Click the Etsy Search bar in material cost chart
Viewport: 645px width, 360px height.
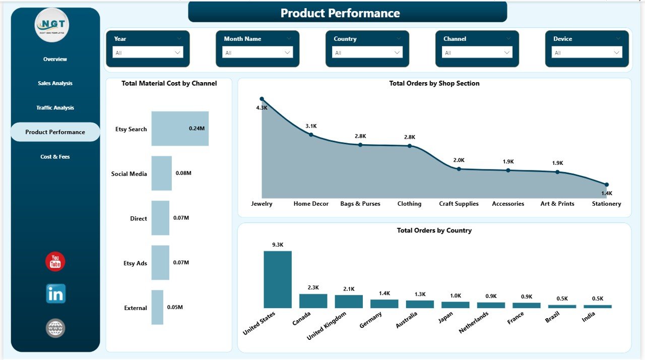[x=180, y=129]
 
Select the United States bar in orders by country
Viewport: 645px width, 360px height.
[x=277, y=279]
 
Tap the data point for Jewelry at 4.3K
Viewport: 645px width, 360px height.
[x=262, y=99]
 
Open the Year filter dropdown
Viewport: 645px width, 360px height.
[x=148, y=52]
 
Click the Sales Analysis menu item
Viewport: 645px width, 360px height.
[x=55, y=83]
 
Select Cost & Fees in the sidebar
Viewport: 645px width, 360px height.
[x=55, y=157]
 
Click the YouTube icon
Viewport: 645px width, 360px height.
[x=55, y=262]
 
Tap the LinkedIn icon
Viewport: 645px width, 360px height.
[x=55, y=293]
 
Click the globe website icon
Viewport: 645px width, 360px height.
[x=55, y=328]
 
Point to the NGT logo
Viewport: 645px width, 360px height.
[x=52, y=25]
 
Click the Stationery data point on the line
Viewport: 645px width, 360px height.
[x=607, y=185]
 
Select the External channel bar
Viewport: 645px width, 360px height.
[x=157, y=307]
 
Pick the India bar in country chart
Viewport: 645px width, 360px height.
[x=597, y=306]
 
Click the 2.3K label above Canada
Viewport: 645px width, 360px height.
[x=313, y=287]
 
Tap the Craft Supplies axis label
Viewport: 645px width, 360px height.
[x=459, y=204]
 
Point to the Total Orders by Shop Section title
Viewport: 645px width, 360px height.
[x=434, y=84]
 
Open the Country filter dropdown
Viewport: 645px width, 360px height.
[x=367, y=52]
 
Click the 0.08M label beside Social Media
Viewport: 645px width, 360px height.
[x=183, y=173]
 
